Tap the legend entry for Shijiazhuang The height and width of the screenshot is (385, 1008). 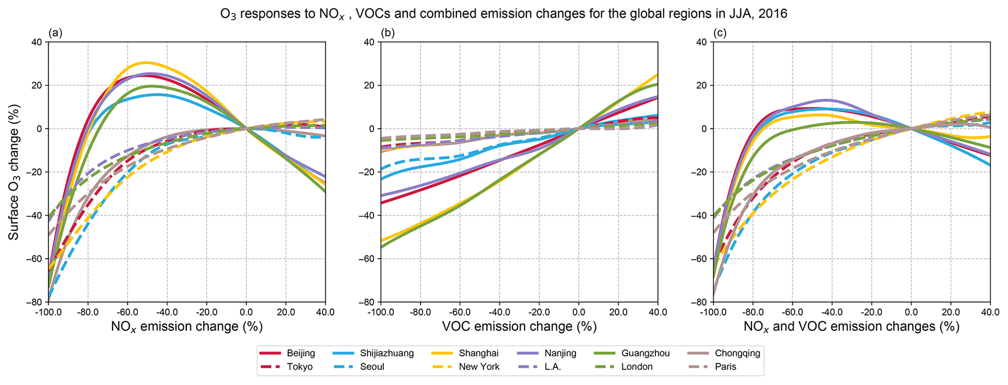pos(387,353)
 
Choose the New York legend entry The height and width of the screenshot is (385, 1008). pos(479,367)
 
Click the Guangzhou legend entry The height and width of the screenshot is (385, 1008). pos(645,353)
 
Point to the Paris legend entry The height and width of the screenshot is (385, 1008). pos(726,367)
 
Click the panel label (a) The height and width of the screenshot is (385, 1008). pos(56,33)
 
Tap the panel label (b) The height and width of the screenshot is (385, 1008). pos(388,33)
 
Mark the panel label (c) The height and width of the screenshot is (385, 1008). pos(720,33)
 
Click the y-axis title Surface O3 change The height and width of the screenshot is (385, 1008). pos(14,172)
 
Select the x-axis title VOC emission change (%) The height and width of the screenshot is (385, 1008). pos(519,326)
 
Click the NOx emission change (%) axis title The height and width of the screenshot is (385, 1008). pos(187,326)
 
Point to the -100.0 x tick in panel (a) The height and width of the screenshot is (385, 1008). pos(48,312)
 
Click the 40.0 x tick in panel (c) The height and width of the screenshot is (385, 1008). pos(990,312)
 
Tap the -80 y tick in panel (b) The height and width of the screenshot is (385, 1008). pos(367,303)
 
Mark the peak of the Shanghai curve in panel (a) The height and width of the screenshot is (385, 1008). pos(145,62)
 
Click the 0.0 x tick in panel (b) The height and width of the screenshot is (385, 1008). pos(578,312)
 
